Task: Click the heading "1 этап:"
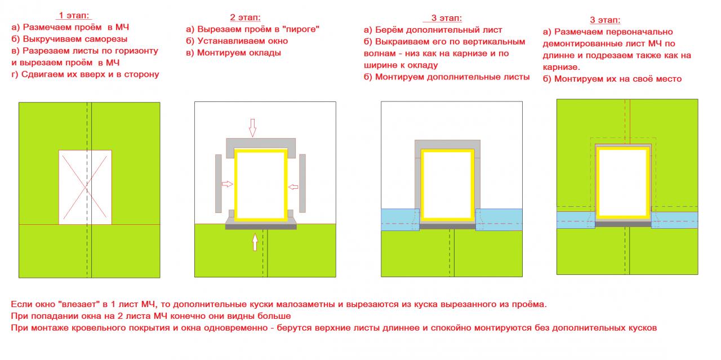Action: pyautogui.click(x=74, y=15)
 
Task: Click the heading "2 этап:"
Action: pyautogui.click(x=245, y=17)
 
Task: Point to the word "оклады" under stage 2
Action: pyautogui.click(x=262, y=53)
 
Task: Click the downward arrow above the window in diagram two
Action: pyautogui.click(x=253, y=128)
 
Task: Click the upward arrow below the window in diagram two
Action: pyautogui.click(x=255, y=242)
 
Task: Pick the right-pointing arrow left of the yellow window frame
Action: pyautogui.click(x=227, y=184)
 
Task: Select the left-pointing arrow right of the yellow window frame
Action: pyautogui.click(x=293, y=187)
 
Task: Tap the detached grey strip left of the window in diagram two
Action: pyautogui.click(x=218, y=184)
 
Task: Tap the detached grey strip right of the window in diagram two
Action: pyautogui.click(x=302, y=183)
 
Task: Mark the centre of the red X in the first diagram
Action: pyautogui.click(x=85, y=187)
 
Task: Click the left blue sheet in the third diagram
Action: pyautogui.click(x=400, y=220)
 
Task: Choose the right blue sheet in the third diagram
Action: pyautogui.click(x=499, y=220)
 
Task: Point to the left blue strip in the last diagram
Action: pyautogui.click(x=576, y=220)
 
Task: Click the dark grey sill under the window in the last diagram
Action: pyautogui.click(x=623, y=224)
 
